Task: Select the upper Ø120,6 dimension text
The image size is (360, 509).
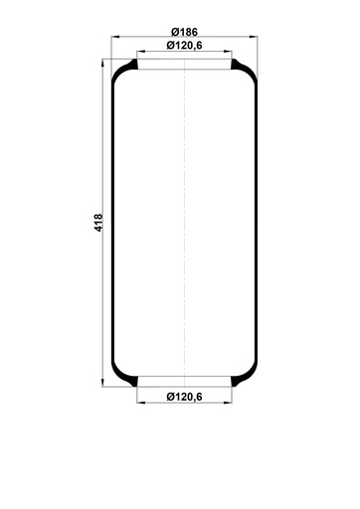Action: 185,47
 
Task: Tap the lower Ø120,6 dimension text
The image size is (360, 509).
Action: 185,398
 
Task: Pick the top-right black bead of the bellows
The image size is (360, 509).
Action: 242,67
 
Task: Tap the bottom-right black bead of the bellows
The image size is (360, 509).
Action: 242,380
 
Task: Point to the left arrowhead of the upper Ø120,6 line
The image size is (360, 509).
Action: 138,53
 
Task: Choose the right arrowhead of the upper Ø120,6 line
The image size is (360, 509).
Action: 232,53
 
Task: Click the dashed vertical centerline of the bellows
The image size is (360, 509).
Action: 185,224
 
